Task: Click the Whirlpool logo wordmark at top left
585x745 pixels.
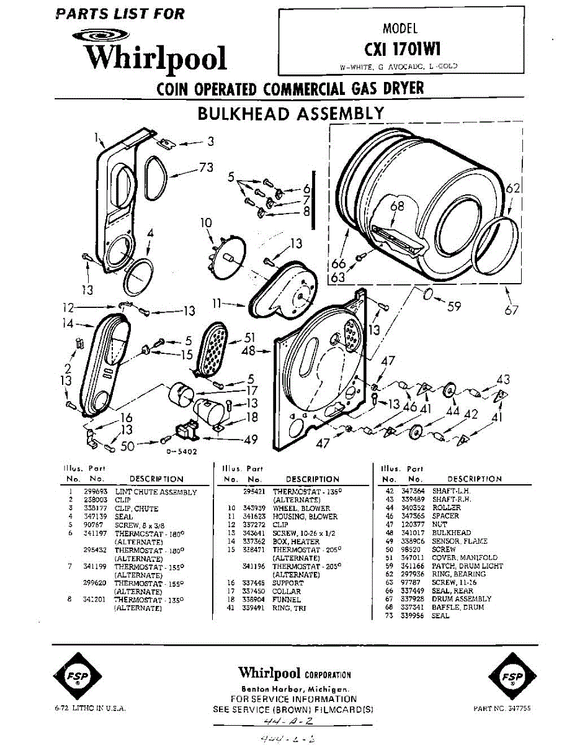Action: point(155,57)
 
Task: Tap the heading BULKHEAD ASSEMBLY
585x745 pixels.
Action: point(290,114)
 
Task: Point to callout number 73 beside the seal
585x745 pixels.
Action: point(206,167)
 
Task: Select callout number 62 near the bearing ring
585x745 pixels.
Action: point(512,189)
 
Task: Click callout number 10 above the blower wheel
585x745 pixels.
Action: point(205,222)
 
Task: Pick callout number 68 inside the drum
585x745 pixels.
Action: point(397,206)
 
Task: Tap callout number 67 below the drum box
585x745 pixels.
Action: point(511,310)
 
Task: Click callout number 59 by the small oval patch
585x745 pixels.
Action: point(454,305)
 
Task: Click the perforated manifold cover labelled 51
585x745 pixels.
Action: point(214,349)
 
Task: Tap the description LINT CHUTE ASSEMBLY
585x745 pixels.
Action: point(156,492)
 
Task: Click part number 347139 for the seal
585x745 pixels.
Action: point(94,517)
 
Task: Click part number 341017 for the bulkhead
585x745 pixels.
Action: point(414,533)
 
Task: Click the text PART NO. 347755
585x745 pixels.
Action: point(502,708)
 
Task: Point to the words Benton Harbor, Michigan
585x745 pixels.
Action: point(295,690)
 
